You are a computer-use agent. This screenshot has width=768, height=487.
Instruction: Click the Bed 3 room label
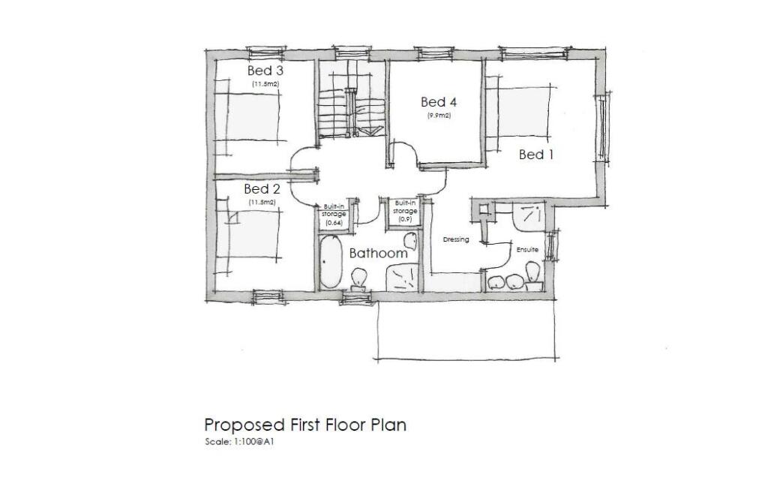[265, 71]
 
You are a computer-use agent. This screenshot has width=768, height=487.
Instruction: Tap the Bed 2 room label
[262, 188]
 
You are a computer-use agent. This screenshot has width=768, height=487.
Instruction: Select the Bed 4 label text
[439, 102]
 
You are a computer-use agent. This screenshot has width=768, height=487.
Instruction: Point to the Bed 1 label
[536, 155]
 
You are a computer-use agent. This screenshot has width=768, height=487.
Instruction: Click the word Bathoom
[379, 254]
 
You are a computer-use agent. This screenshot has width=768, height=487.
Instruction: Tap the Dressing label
[456, 240]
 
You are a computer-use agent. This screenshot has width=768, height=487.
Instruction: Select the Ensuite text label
[527, 248]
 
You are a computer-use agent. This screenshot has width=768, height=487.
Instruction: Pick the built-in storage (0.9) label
[406, 211]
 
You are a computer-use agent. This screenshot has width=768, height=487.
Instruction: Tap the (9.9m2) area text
[439, 116]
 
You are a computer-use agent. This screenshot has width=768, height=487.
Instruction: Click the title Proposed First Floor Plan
[305, 425]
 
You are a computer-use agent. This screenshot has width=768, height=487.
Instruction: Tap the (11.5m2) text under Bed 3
[265, 84]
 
